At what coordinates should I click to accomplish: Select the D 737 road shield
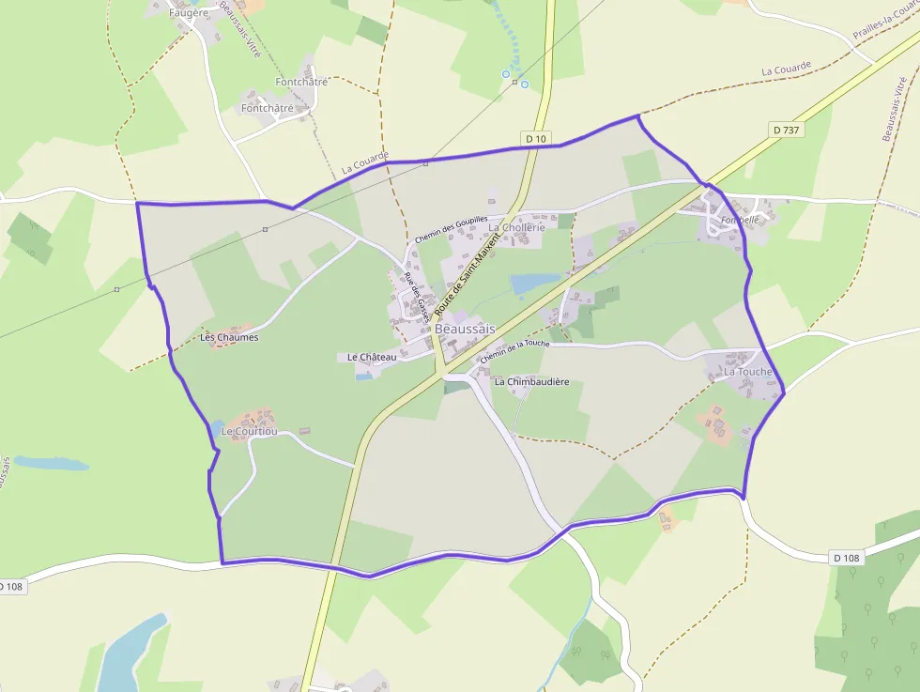[788, 130]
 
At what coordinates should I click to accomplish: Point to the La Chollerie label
[516, 227]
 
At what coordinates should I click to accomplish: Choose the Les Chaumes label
[229, 337]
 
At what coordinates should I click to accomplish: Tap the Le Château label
[372, 357]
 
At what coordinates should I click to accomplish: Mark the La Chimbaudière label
[532, 382]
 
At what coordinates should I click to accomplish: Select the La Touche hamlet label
[748, 372]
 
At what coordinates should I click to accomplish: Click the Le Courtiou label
[250, 431]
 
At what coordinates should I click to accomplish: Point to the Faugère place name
[188, 13]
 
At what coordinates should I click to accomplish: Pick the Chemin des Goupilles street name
[452, 234]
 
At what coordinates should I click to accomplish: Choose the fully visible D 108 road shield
[846, 558]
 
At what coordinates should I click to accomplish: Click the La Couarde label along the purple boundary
[365, 164]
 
